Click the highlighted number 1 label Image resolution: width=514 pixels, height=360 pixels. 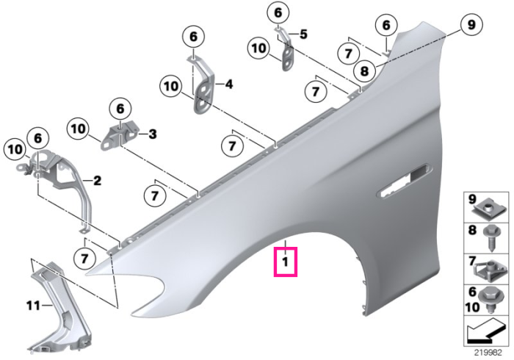click(286, 262)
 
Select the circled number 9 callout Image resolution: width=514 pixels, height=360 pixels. click(471, 25)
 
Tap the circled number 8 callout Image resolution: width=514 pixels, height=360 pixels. click(364, 71)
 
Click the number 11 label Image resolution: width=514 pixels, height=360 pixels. click(34, 306)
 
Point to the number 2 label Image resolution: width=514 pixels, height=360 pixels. click(98, 181)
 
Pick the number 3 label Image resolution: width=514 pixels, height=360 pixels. click(153, 134)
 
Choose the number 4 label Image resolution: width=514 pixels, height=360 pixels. click(228, 84)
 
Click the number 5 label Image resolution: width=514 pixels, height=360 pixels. click(303, 34)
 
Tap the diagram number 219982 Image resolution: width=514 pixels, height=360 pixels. click(488, 353)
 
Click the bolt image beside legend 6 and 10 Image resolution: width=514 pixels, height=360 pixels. click(489, 300)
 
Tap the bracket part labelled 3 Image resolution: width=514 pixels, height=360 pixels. click(120, 135)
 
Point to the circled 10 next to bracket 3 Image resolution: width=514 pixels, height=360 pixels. click(78, 129)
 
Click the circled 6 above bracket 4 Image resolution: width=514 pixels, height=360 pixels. click(193, 37)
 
